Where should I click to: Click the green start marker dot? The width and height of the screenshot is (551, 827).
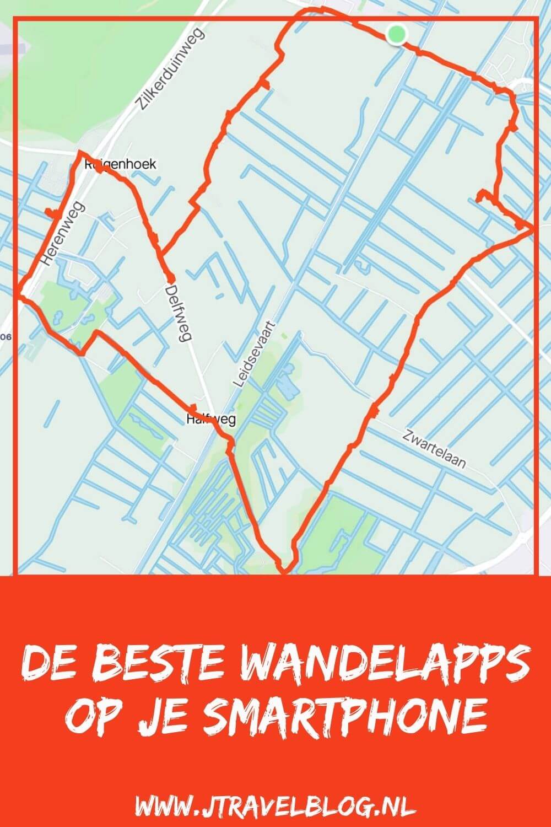396,34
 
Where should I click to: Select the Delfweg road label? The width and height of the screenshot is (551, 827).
177,313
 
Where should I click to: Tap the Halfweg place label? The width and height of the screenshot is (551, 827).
211,420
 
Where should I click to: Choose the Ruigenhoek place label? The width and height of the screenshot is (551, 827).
121,164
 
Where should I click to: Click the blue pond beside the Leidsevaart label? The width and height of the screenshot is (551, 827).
287,389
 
